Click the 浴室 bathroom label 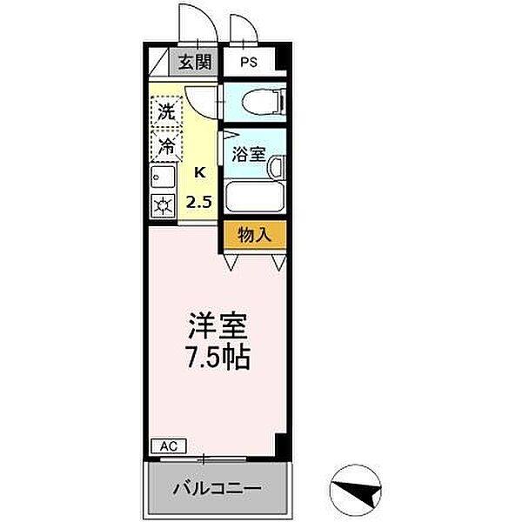point(249,155)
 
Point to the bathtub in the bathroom point(254,197)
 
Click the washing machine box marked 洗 point(164,112)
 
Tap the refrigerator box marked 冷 point(164,145)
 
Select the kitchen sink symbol point(161,178)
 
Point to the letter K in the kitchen point(199,171)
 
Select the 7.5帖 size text point(219,357)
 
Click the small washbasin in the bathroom point(277,166)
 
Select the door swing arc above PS point(243,26)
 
